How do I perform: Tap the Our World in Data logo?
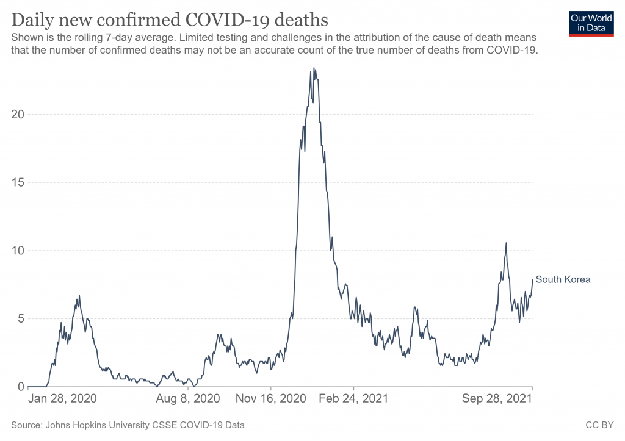point(591,23)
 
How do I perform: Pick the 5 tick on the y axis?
point(20,318)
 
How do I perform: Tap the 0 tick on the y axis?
point(20,387)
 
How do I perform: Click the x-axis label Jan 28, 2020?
point(62,399)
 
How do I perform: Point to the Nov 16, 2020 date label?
point(271,399)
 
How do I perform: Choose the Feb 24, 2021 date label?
point(354,399)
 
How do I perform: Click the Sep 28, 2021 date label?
point(497,399)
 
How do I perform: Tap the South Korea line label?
point(563,280)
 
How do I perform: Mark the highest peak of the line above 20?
point(314,68)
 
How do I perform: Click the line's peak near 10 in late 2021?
point(506,243)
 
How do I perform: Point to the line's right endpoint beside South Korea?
point(533,280)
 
